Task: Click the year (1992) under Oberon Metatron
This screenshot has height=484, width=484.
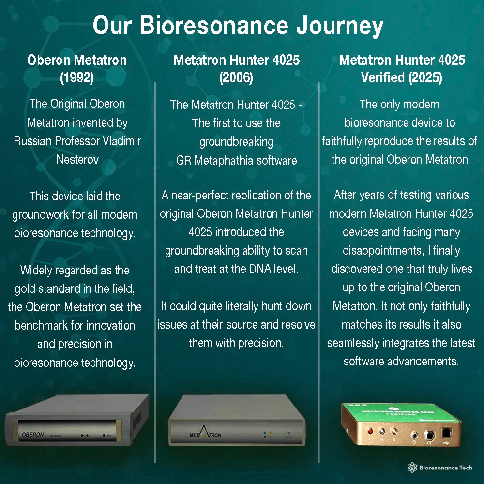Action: pos(77,77)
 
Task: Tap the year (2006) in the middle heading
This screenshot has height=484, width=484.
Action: pos(236,77)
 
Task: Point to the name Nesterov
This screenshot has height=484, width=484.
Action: pos(77,159)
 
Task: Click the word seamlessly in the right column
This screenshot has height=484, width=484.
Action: pos(354,343)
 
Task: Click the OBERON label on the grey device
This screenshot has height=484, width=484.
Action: pos(33,435)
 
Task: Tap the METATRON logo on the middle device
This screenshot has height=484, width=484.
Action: pos(205,434)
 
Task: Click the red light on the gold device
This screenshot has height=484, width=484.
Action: pos(370,430)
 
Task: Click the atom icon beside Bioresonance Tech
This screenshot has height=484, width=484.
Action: pos(412,468)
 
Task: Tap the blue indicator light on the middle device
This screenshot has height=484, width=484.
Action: pos(265,437)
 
